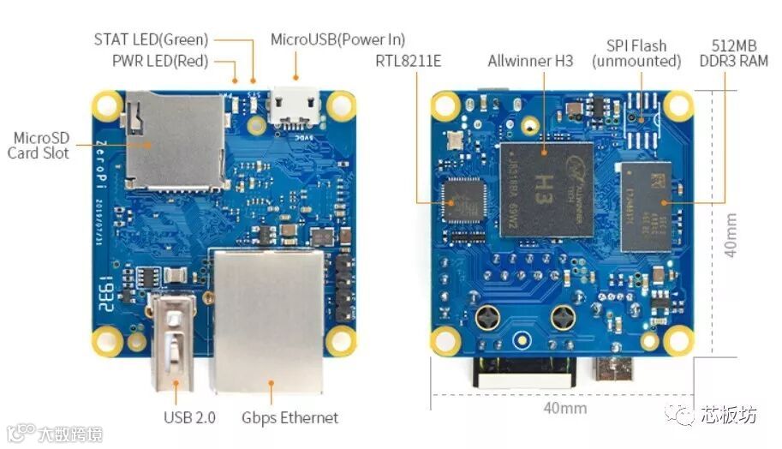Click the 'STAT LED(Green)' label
point(150,39)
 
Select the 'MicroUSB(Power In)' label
point(337,39)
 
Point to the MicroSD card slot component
point(175,141)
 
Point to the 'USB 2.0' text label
point(189,418)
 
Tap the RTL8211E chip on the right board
point(463,202)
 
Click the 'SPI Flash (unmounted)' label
point(636,53)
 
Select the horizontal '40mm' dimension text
point(565,408)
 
